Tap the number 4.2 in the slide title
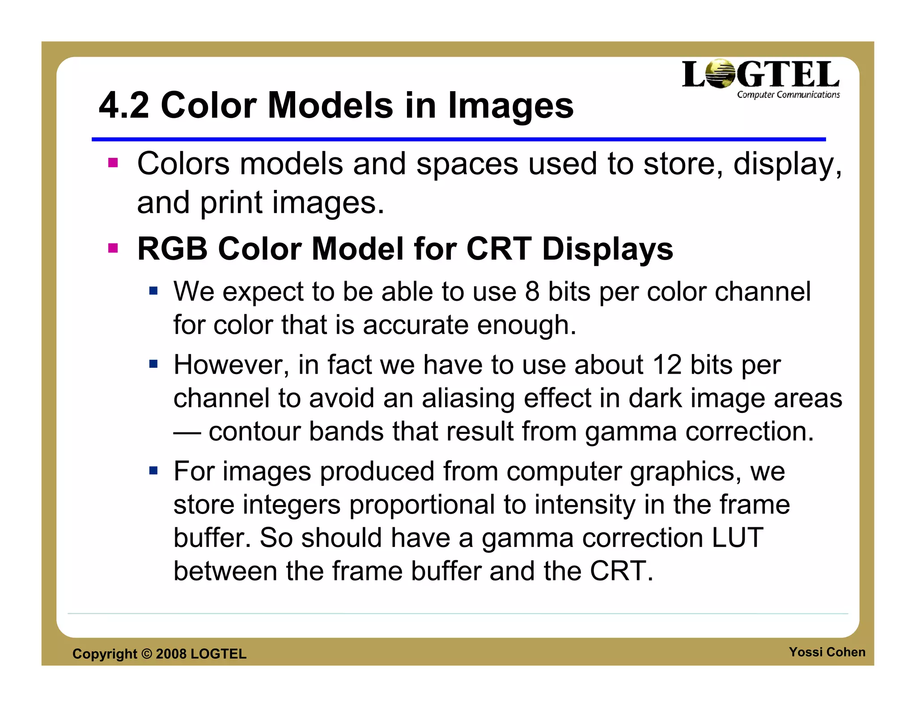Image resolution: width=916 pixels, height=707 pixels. [x=124, y=105]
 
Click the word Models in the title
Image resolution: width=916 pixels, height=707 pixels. [x=330, y=105]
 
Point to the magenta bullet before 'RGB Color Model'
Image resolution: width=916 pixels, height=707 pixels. [x=113, y=248]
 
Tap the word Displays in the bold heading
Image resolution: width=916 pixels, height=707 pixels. [x=607, y=249]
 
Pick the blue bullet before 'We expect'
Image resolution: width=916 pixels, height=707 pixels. [x=153, y=291]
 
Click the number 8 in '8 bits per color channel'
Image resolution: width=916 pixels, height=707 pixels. [x=532, y=292]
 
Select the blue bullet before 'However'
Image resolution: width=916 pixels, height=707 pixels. [x=153, y=364]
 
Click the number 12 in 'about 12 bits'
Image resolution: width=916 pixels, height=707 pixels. [x=667, y=365]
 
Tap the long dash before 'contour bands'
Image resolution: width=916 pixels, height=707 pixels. [x=187, y=433]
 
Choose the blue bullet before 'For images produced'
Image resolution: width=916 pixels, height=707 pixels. [x=153, y=471]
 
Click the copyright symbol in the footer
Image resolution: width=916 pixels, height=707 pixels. [x=147, y=654]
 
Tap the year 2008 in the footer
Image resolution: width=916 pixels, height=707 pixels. [x=171, y=654]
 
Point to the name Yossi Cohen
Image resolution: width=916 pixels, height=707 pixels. [x=827, y=652]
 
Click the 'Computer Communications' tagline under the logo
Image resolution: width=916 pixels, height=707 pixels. [x=788, y=95]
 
